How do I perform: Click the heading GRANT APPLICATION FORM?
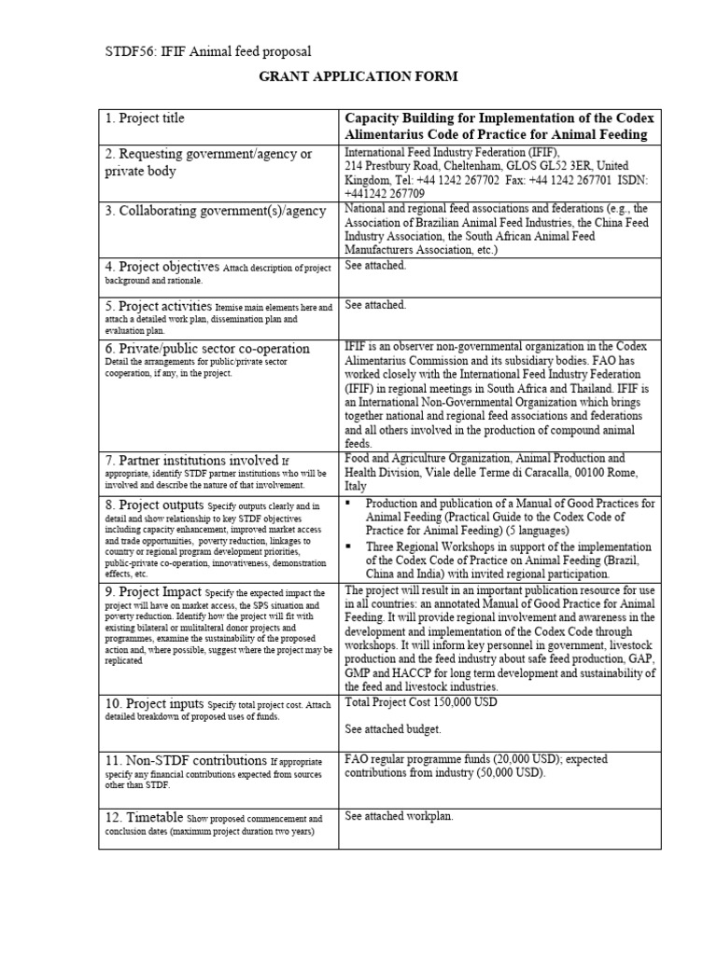[358, 76]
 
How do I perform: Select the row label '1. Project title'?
[145, 118]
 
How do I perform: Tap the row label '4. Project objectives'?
[162, 266]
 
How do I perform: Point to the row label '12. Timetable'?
[144, 817]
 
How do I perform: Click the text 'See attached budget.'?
[392, 729]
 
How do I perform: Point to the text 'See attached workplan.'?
[399, 816]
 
